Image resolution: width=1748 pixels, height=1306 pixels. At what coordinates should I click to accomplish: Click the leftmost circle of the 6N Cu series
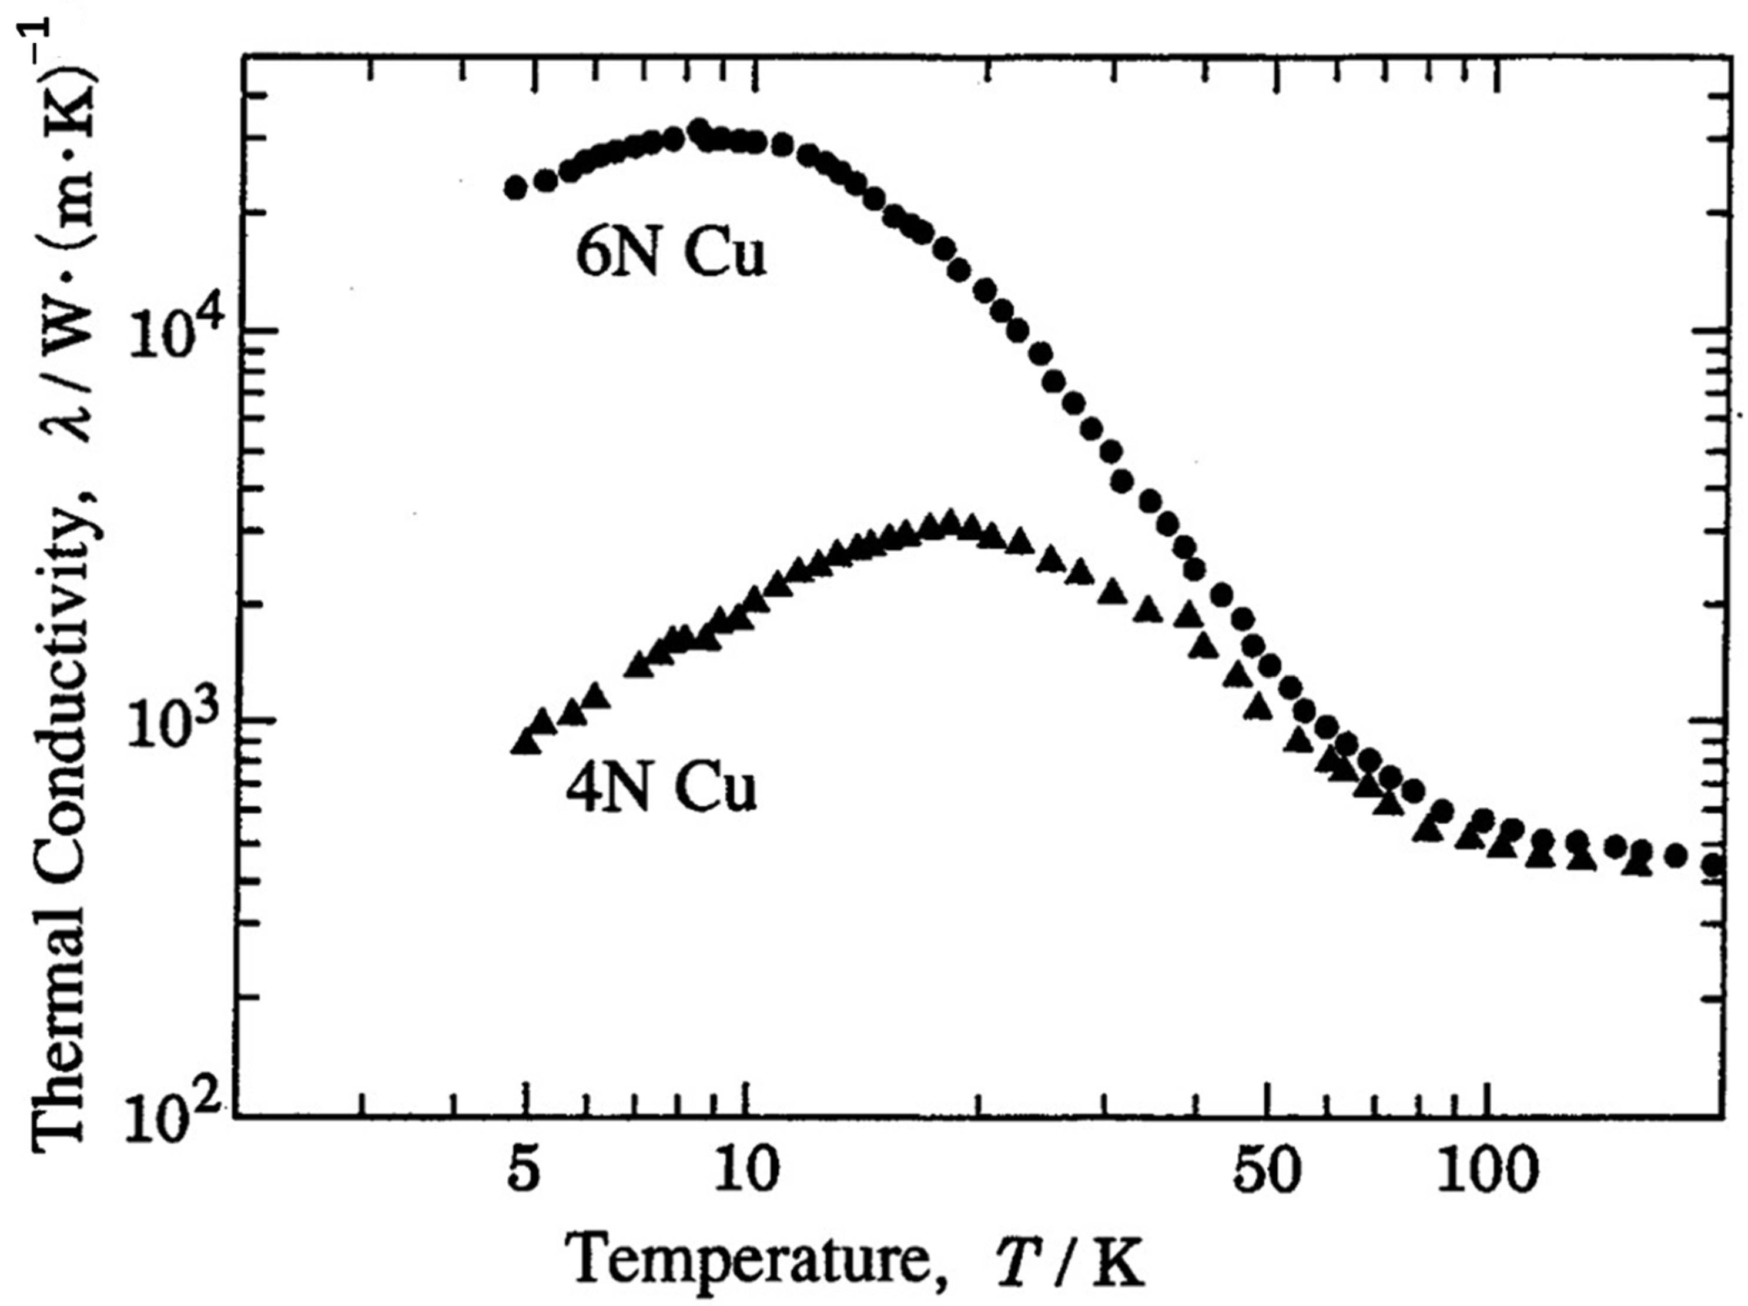pos(515,188)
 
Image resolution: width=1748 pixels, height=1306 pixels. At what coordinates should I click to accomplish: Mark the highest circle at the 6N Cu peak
pos(698,129)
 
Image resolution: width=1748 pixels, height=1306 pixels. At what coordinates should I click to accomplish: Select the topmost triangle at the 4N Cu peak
pos(950,522)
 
